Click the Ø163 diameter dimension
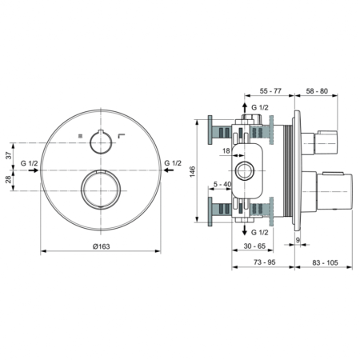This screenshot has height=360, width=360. coord(100,246)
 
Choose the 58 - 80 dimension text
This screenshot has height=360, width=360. coord(319,93)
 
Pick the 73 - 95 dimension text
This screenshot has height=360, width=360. coord(263,261)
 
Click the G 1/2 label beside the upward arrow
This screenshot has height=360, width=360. coord(261,107)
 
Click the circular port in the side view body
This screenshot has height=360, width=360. coord(245,170)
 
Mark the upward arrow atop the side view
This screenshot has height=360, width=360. coord(245,106)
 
